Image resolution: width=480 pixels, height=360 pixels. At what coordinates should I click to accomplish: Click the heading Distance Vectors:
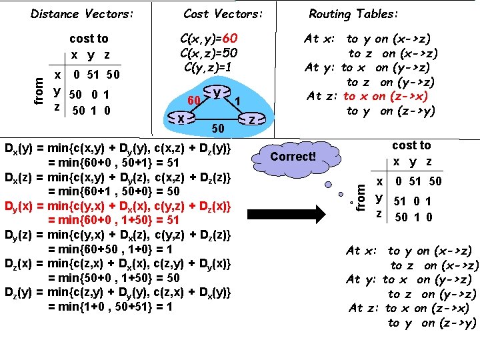(83, 13)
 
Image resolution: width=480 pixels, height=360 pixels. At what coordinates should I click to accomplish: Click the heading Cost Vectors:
(223, 13)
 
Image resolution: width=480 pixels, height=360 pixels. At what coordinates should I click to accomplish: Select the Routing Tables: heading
(354, 13)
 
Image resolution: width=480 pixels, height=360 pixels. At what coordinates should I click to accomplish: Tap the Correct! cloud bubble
(293, 157)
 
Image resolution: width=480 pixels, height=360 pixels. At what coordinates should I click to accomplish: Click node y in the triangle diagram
(218, 93)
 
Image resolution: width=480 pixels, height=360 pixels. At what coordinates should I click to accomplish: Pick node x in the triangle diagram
(181, 118)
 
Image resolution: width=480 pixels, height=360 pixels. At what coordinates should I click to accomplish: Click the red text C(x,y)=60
(209, 39)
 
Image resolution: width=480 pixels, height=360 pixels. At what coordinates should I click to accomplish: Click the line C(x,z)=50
(209, 53)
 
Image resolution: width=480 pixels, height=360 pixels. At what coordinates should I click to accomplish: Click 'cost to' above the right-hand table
(411, 145)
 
